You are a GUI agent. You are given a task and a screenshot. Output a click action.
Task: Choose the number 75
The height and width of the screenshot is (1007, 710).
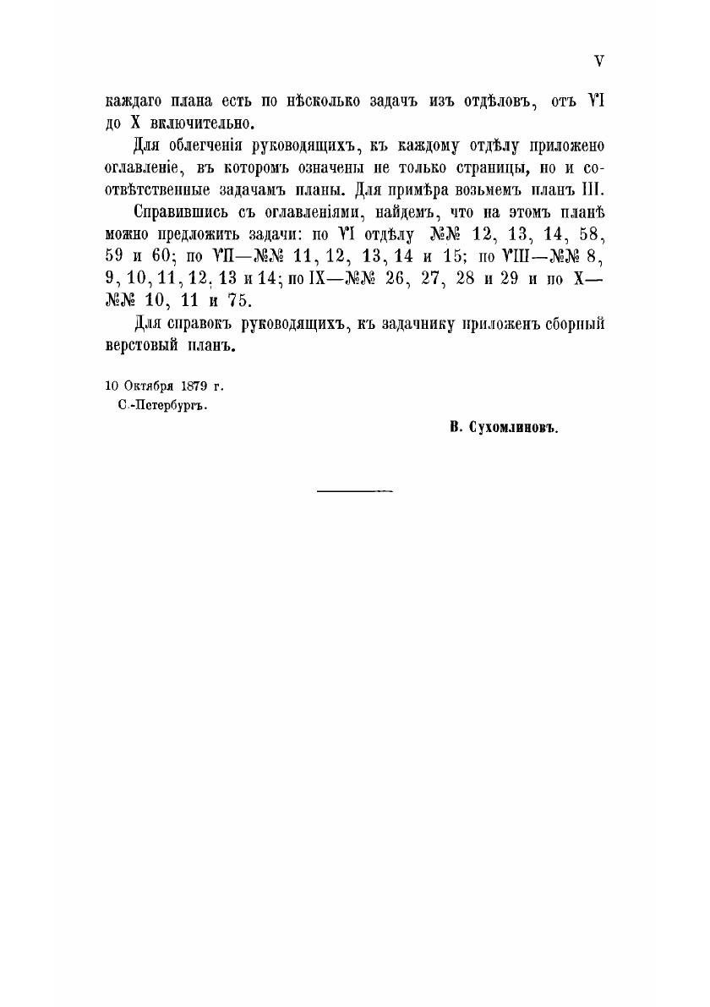(241, 302)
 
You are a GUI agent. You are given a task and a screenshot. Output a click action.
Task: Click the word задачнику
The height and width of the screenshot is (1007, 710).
(430, 324)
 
